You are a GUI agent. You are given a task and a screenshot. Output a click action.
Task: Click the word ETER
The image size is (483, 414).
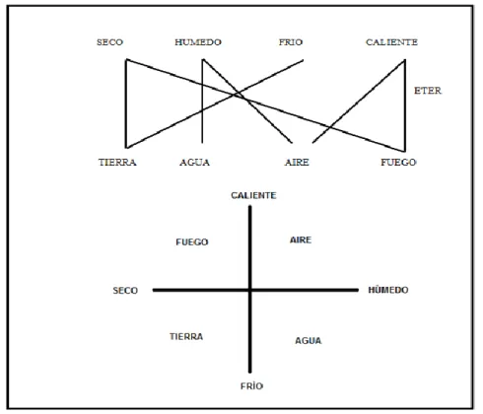[428, 91]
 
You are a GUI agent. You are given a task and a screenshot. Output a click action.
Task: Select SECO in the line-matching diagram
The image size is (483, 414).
[109, 42]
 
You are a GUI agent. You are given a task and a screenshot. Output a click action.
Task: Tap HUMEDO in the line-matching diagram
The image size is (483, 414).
[198, 42]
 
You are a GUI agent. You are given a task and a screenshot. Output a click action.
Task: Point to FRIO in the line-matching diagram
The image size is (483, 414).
[291, 42]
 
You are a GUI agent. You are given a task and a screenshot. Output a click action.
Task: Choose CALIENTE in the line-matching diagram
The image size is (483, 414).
[391, 42]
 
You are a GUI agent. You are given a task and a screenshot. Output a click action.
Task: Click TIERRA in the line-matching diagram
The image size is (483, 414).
[117, 162]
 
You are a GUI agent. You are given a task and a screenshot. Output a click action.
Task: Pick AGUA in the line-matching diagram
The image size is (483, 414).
[194, 162]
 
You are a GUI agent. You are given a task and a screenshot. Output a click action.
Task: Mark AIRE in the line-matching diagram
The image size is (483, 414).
[297, 162]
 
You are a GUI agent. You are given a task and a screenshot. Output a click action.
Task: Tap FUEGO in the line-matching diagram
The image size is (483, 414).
[398, 162]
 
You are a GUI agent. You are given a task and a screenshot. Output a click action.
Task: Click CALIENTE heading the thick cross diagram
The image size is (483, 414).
[253, 195]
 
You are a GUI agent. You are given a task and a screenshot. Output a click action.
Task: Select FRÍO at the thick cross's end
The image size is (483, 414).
[251, 385]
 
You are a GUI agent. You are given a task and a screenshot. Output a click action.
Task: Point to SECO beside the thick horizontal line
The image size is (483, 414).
[125, 291]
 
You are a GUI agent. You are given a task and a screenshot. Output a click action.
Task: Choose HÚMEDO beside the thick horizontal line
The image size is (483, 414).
[388, 290]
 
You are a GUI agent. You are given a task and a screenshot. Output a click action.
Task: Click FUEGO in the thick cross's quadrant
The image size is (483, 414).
[192, 242]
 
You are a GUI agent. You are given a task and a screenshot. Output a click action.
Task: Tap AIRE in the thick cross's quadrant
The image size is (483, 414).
[301, 240]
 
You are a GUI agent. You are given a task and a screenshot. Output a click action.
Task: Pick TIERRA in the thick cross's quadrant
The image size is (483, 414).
[186, 336]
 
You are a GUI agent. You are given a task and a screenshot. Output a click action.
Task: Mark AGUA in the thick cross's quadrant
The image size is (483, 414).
[309, 340]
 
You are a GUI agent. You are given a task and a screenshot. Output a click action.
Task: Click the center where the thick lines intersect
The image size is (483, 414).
[250, 290]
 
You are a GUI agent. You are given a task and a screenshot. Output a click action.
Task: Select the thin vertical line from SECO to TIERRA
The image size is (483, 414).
[126, 103]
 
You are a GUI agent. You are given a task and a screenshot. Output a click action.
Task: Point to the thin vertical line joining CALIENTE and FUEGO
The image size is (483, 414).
[405, 105]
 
